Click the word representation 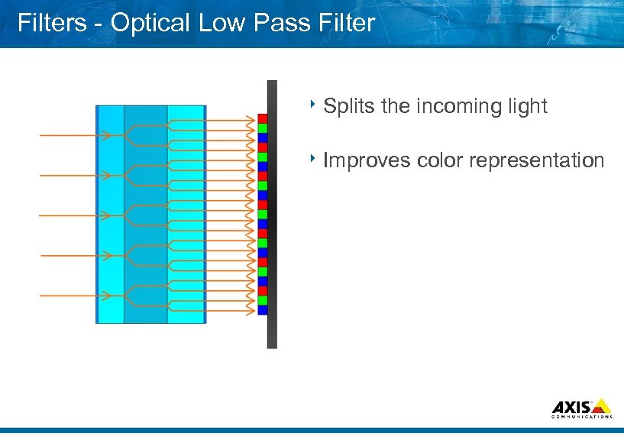pos(538,160)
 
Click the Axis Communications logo pos(580,408)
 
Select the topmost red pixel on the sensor pos(262,118)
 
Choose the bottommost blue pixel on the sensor pos(262,310)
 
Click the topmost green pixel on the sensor pos(262,128)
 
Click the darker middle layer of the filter pos(145,214)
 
